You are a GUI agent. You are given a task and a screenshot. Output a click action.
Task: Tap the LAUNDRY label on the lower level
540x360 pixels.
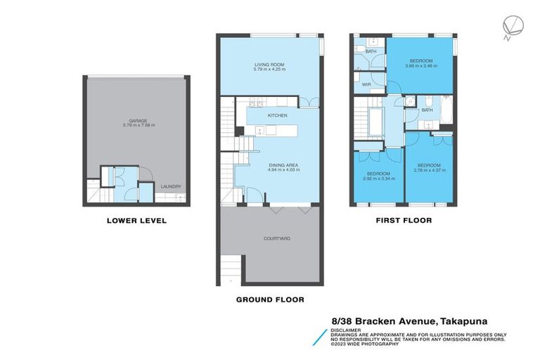click(170, 186)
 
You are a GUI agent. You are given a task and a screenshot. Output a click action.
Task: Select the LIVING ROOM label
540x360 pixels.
click(269, 65)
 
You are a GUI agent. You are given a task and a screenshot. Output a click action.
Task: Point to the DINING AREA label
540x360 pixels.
click(269, 165)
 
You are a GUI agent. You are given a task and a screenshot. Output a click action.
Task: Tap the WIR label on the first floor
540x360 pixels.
click(366, 84)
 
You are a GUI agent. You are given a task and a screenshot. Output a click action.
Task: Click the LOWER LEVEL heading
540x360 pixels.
click(136, 220)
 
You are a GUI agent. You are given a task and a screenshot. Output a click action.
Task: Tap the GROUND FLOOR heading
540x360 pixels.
click(270, 299)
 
